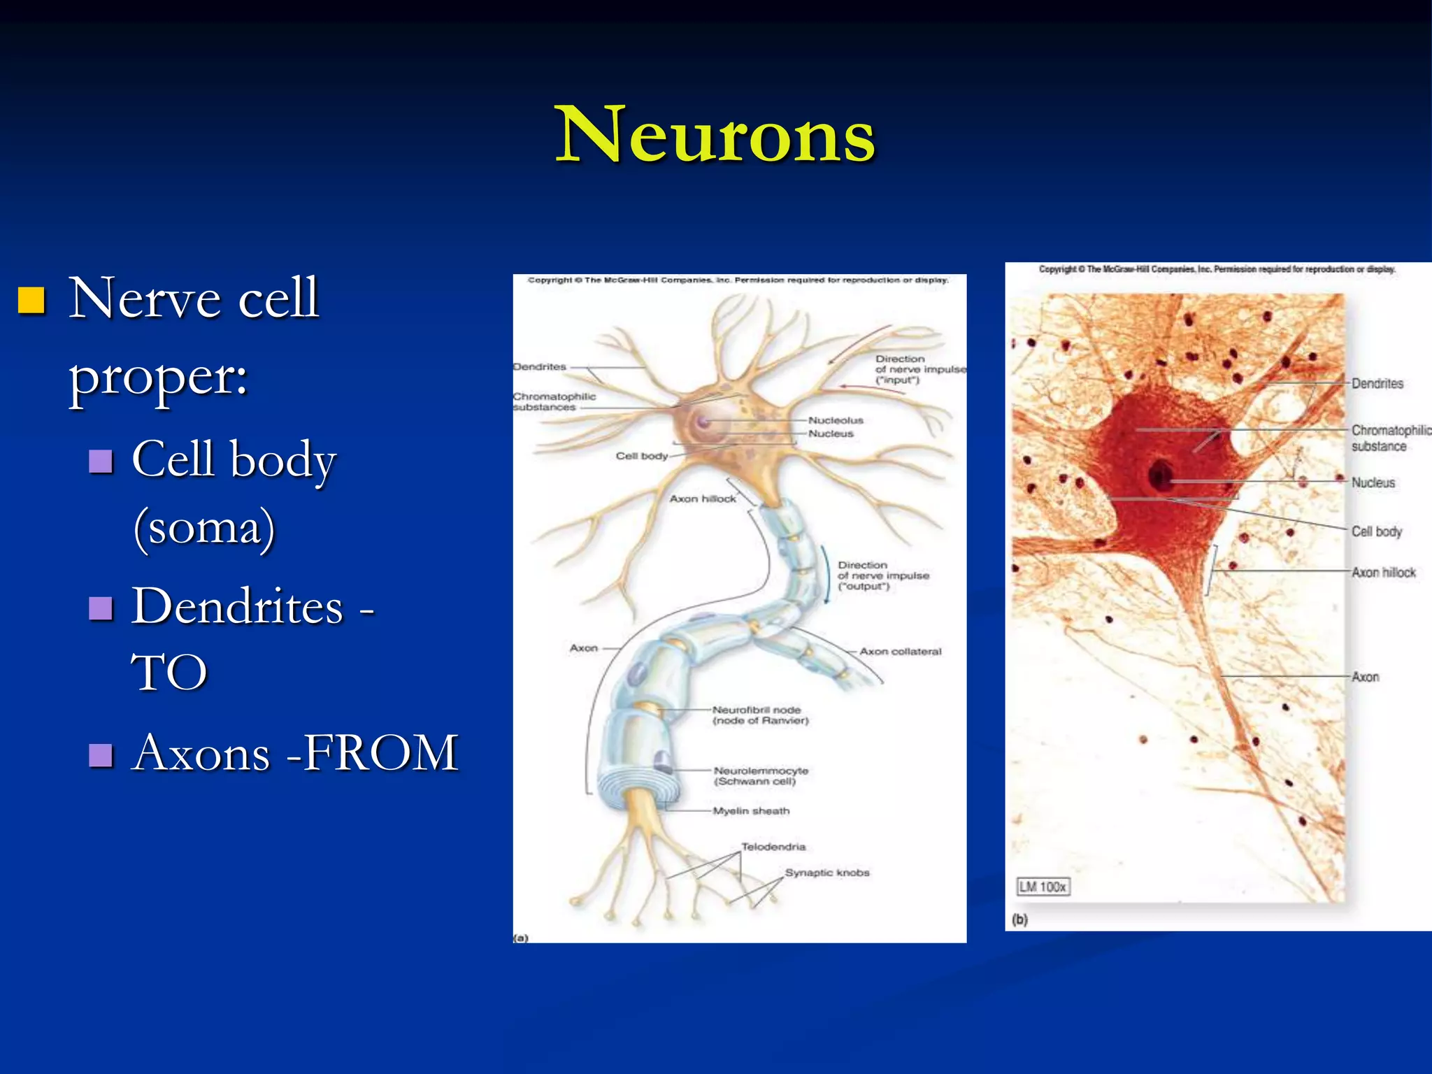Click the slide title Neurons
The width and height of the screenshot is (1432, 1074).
(x=715, y=134)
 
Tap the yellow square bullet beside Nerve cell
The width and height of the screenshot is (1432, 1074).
(x=31, y=300)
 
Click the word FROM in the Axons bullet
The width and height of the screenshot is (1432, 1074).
(x=380, y=753)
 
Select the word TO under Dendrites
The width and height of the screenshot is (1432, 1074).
(x=169, y=673)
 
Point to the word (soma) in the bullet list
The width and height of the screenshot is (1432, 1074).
(x=204, y=528)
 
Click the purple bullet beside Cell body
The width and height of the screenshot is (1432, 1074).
(x=101, y=461)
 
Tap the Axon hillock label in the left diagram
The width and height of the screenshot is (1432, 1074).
(x=703, y=499)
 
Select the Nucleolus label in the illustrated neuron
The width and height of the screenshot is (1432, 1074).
(x=836, y=420)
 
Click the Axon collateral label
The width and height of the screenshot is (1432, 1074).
(x=900, y=651)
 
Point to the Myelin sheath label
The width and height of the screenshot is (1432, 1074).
(x=751, y=811)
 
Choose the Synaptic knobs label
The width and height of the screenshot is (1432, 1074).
(x=827, y=873)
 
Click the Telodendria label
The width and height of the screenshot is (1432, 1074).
(x=773, y=847)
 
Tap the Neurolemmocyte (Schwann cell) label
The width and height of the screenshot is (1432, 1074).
(x=761, y=775)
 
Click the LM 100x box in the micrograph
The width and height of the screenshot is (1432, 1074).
(x=1043, y=887)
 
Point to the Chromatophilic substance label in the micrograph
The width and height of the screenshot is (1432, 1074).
(x=1390, y=438)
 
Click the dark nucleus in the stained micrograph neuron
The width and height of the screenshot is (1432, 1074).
(x=1161, y=475)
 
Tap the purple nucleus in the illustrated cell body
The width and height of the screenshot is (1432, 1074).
(x=703, y=422)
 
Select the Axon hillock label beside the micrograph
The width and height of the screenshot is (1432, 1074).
(x=1383, y=573)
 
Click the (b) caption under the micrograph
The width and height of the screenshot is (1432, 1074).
(x=1020, y=919)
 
